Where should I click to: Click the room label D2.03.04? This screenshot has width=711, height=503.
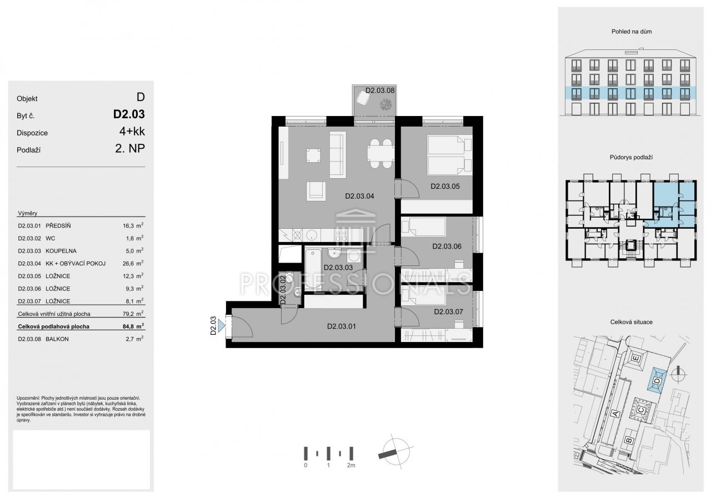[359, 197]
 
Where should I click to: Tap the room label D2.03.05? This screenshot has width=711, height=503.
[445, 187]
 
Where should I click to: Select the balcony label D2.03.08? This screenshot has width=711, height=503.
[380, 90]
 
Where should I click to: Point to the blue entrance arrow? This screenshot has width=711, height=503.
[222, 325]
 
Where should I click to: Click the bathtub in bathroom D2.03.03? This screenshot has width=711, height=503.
[313, 269]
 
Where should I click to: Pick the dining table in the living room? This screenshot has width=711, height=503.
[380, 153]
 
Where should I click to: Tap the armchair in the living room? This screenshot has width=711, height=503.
[316, 191]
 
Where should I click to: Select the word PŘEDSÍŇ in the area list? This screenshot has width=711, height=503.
[58, 226]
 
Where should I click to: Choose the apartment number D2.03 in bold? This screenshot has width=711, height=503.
[129, 114]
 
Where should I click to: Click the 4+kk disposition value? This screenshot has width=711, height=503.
[132, 131]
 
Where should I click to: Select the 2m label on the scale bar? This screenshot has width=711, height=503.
[351, 465]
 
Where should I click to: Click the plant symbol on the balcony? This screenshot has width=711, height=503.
[386, 104]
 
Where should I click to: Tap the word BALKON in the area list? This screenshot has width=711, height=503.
[57, 339]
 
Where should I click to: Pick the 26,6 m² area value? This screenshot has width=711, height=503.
[133, 263]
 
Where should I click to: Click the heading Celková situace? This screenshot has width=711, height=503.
[632, 322]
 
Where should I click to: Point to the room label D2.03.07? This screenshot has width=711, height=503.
[448, 312]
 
